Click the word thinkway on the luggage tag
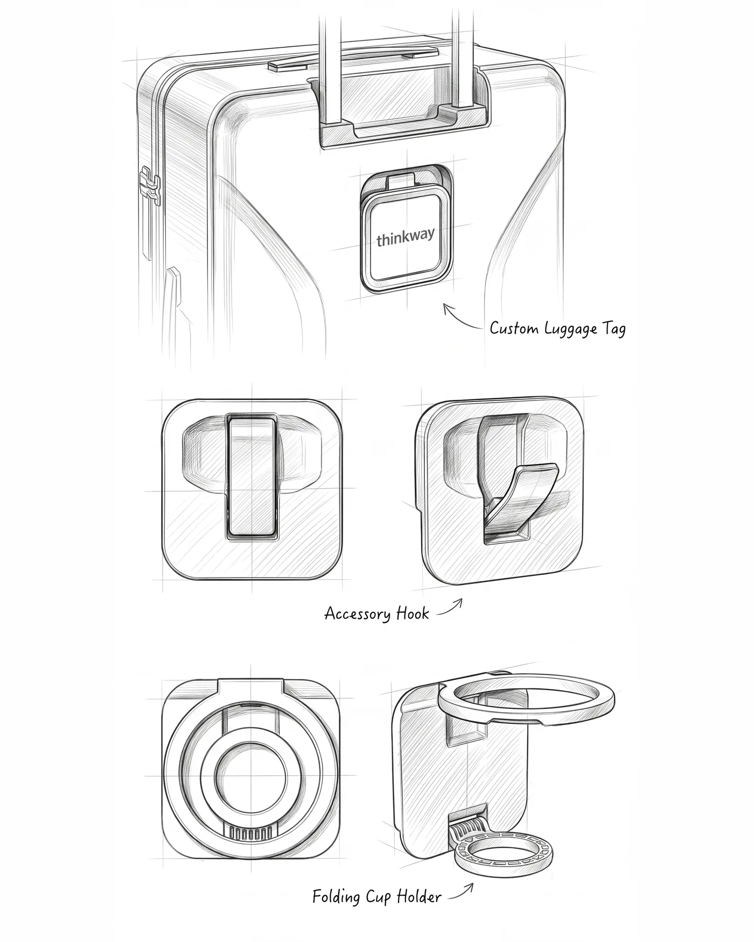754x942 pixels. point(405,237)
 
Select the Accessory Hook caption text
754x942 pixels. point(376,613)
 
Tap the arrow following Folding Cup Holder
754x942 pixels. point(462,891)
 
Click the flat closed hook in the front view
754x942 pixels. point(251,475)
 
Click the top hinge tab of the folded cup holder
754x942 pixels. point(251,690)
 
